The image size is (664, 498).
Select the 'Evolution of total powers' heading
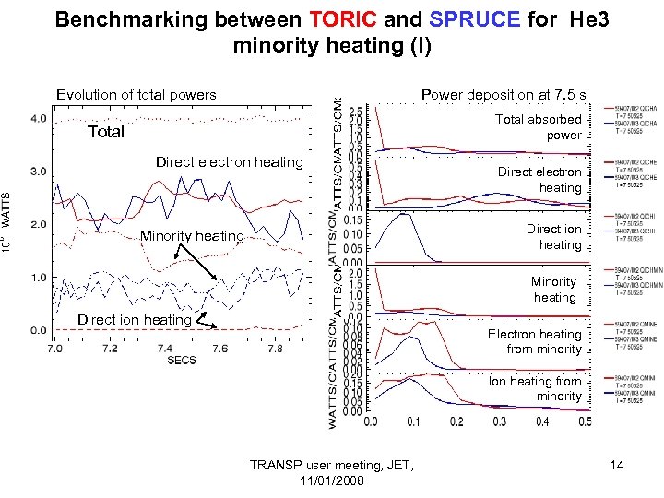point(136,94)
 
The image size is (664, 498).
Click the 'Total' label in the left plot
point(106,132)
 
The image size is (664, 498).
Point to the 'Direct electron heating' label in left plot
point(229,162)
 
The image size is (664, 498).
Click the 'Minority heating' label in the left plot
point(192,236)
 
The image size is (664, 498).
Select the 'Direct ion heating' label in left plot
point(135,320)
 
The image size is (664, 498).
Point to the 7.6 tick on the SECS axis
point(219,348)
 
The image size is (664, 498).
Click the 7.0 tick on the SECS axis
point(55,348)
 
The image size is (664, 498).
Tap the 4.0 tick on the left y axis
point(38,118)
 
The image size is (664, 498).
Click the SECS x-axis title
point(182,360)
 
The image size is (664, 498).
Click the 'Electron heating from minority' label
point(535,341)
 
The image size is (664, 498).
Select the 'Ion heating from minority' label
point(536,388)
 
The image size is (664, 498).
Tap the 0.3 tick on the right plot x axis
point(501,421)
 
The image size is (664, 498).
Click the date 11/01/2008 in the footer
point(332,482)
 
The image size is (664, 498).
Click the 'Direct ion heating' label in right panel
point(554,236)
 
